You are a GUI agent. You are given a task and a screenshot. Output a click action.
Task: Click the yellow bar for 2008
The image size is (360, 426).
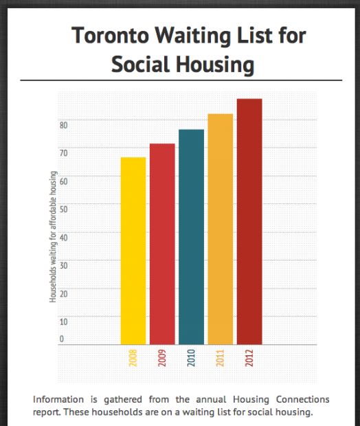(x=133, y=251)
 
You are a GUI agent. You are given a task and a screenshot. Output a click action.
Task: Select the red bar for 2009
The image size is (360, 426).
(x=162, y=244)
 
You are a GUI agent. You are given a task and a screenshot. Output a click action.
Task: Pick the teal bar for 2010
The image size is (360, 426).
(x=191, y=237)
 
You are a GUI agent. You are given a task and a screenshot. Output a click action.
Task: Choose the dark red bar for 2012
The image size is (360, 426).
(x=249, y=221)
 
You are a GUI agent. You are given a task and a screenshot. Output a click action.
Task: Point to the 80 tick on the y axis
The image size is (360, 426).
(x=63, y=125)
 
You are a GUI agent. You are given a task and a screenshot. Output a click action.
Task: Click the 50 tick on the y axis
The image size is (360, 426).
(x=63, y=209)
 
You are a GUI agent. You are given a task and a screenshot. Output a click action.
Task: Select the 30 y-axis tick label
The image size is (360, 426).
(x=63, y=265)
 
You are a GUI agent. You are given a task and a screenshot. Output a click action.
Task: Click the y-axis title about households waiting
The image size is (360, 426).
(x=52, y=238)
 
